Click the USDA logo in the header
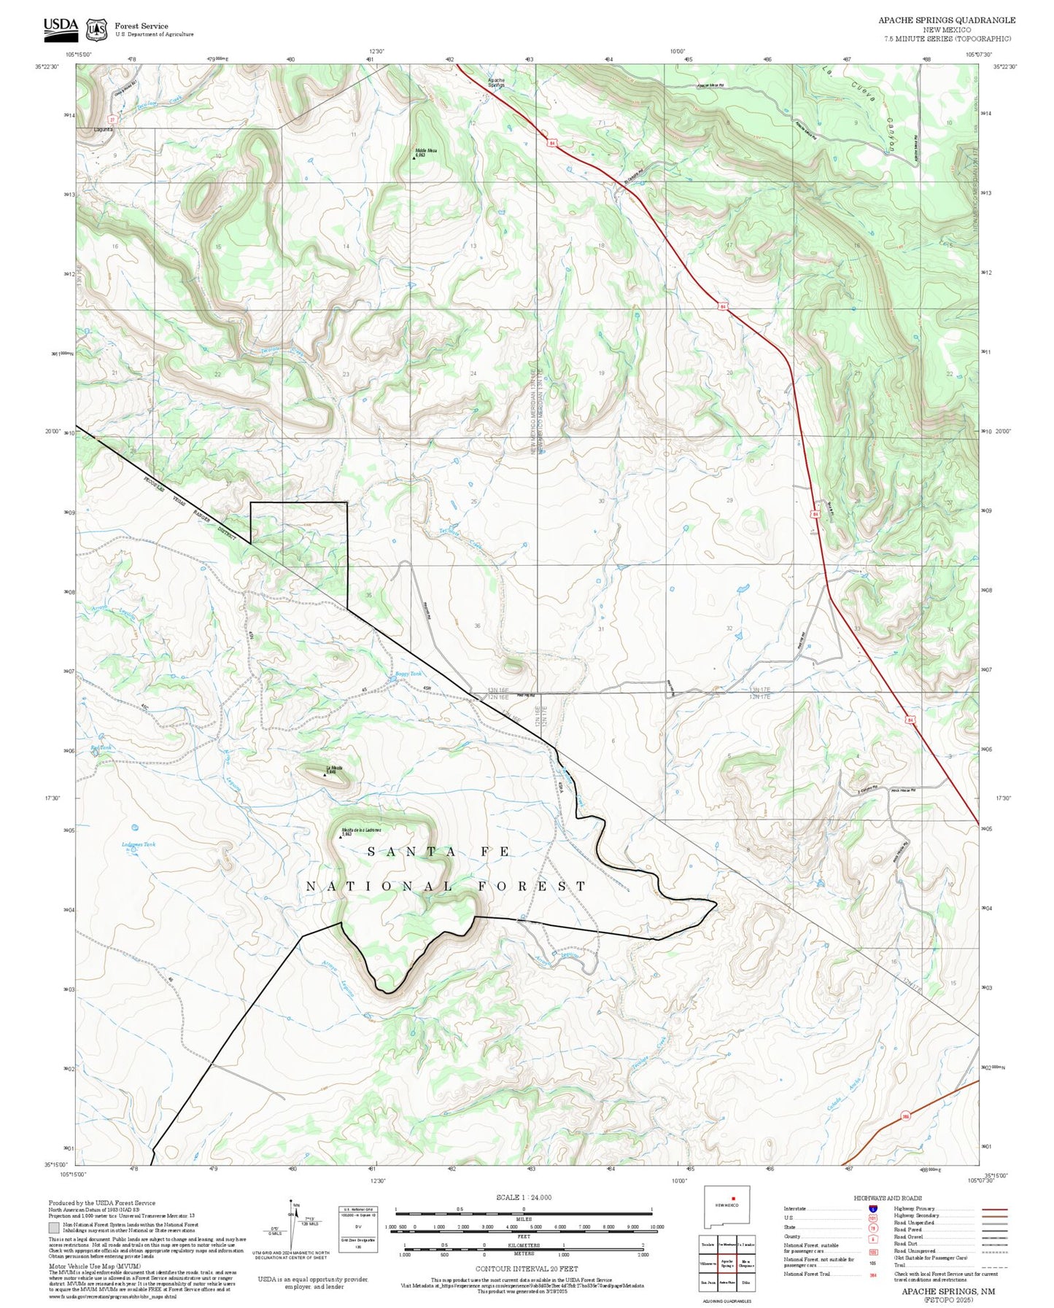click(x=61, y=28)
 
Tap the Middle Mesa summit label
click(x=425, y=152)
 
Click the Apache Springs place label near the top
click(x=496, y=82)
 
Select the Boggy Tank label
click(x=408, y=674)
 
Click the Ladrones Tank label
click(x=139, y=844)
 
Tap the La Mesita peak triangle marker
click(x=325, y=774)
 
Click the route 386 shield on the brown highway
click(x=905, y=1116)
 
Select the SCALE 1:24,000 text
click(x=523, y=1197)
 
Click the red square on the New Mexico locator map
click(x=735, y=1218)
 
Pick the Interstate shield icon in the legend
click(x=872, y=1209)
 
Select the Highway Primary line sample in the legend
click(x=994, y=1209)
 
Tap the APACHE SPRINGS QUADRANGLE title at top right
click(x=946, y=20)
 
